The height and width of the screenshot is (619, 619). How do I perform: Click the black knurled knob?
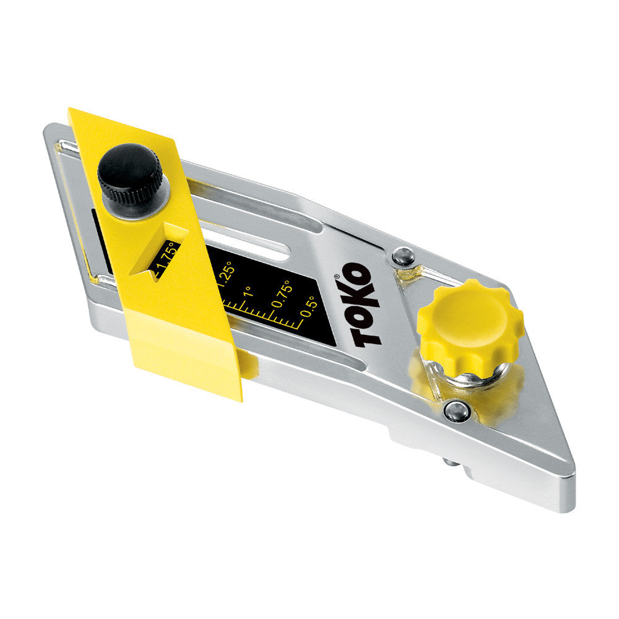(130, 174)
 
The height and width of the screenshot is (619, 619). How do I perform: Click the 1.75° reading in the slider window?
(165, 259)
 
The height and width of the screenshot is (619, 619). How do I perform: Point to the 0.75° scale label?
(282, 294)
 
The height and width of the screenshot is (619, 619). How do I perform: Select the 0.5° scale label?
(309, 306)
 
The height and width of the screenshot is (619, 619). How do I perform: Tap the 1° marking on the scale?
(248, 292)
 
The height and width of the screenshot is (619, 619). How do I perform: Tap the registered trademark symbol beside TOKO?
(336, 276)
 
